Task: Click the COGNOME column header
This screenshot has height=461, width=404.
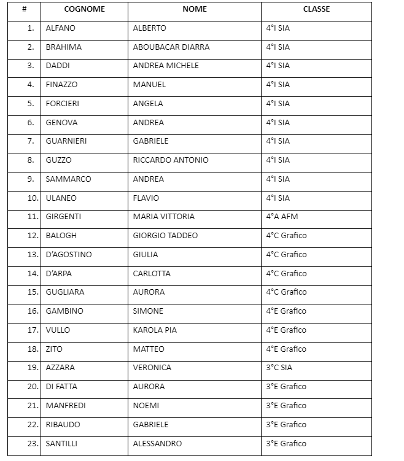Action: [85, 10]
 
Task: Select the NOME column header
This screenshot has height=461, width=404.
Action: [195, 10]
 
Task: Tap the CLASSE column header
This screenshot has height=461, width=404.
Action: [316, 10]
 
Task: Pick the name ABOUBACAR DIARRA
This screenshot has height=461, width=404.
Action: [171, 47]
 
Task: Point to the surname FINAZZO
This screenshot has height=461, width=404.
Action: [61, 85]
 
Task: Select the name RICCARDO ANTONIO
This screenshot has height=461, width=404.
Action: [171, 160]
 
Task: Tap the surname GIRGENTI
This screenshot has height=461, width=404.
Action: [63, 217]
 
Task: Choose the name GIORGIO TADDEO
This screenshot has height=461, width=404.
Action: [165, 236]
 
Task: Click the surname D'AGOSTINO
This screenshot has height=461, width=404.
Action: [69, 255]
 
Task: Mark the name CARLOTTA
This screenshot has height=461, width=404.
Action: [152, 273]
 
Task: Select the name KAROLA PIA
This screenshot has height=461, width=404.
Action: [155, 330]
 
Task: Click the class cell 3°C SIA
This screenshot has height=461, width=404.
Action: [279, 368]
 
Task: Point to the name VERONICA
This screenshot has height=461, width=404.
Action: [152, 368]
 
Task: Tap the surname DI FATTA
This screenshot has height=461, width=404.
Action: [61, 387]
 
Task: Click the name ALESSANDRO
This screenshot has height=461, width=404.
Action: [157, 443]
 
